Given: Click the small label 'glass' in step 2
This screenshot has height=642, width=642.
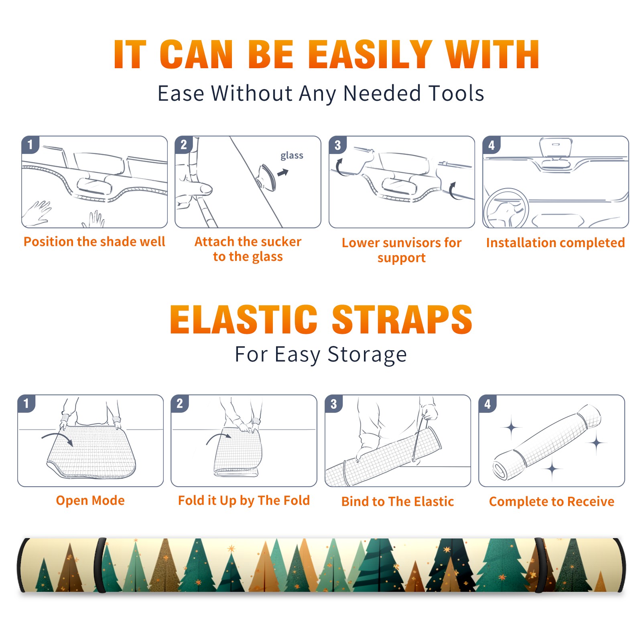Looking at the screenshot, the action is click(292, 156).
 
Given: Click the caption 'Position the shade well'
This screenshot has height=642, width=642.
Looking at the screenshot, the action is click(94, 242).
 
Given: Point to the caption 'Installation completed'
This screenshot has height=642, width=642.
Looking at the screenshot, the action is click(555, 242).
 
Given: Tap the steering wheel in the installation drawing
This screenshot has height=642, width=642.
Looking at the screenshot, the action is click(506, 209).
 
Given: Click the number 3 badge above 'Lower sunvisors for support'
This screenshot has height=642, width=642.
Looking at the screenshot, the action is click(337, 145).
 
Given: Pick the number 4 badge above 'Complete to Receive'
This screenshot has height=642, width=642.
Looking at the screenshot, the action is click(487, 404).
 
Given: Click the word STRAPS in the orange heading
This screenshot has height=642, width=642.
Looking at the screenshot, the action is click(402, 319).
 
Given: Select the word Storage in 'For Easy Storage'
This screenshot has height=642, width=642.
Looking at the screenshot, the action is click(367, 355).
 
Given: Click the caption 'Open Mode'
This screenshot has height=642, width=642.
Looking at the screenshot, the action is click(90, 500).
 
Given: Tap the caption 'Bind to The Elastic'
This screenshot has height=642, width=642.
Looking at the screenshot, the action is click(398, 502).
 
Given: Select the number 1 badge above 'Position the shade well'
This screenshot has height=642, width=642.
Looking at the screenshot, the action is click(30, 144).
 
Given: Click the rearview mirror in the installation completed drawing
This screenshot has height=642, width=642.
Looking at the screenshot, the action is click(556, 147).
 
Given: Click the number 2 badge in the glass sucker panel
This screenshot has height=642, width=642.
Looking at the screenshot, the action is click(184, 144).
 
